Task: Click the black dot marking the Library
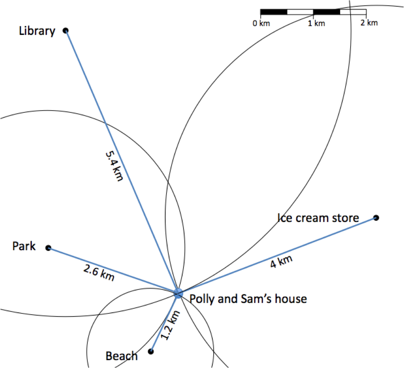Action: pyautogui.click(x=65, y=30)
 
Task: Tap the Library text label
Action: pyautogui.click(x=37, y=31)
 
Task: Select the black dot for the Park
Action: pyautogui.click(x=48, y=248)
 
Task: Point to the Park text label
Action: pyautogui.click(x=24, y=246)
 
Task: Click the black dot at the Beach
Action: pyautogui.click(x=151, y=351)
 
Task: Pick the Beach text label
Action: pyautogui.click(x=122, y=356)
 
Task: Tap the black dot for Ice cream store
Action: pyautogui.click(x=376, y=218)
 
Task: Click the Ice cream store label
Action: pyautogui.click(x=318, y=218)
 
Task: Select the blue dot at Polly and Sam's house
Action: pyautogui.click(x=178, y=293)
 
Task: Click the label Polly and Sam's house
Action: pyautogui.click(x=248, y=299)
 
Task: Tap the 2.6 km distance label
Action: pyautogui.click(x=99, y=273)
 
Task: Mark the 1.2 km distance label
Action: pyautogui.click(x=170, y=325)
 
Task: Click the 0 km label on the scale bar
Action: pyautogui.click(x=261, y=23)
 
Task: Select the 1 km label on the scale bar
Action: pyautogui.click(x=316, y=23)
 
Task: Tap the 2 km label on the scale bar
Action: pyautogui.click(x=369, y=23)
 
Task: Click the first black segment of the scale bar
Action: pyautogui.click(x=274, y=12)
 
